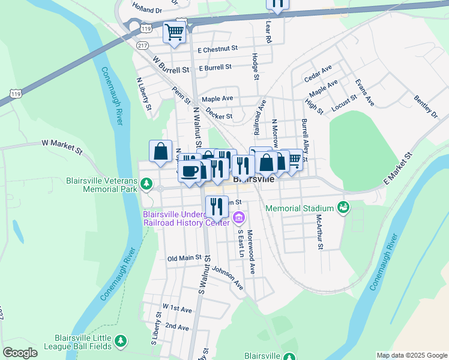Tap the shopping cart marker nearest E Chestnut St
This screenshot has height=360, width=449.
tap(173, 32)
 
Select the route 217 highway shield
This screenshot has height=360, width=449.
tap(142, 46)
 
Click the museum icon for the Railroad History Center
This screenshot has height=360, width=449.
tap(239, 216)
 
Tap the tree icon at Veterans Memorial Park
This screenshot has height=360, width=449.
tap(146, 182)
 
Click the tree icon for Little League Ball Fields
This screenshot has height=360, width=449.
tap(121, 341)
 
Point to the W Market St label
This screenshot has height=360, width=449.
tap(61, 144)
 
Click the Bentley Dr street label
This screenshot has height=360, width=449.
tap(426, 106)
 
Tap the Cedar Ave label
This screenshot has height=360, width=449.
tap(318, 74)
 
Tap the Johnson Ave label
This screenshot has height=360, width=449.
tap(227, 278)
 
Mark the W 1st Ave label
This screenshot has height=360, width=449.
tap(176, 308)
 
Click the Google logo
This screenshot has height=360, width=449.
tap(20, 353)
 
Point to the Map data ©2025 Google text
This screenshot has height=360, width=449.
tap(411, 355)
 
